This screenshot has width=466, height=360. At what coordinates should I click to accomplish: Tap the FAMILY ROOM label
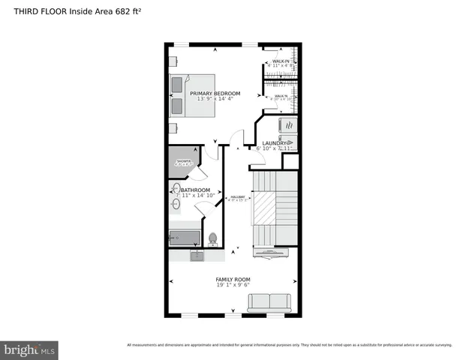click(x=233, y=279)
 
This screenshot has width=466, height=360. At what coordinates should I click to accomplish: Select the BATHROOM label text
click(x=195, y=190)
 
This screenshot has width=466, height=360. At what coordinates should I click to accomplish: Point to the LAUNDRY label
click(x=275, y=142)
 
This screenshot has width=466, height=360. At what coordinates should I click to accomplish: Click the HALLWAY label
click(x=238, y=198)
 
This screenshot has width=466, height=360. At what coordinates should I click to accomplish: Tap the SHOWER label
click(x=183, y=161)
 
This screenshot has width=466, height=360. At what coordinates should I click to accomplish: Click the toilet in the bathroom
click(x=212, y=239)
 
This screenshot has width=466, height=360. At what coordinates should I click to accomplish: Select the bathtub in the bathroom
click(x=184, y=238)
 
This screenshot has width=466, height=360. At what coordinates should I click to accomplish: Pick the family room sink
click(x=197, y=256)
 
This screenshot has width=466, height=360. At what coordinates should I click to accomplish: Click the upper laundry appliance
click(x=288, y=124)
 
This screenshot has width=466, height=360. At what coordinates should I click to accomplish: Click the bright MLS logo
click(x=30, y=349)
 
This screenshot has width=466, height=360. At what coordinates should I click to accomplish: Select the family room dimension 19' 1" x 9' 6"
click(x=233, y=285)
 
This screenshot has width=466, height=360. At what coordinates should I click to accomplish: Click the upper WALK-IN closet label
click(x=281, y=61)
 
